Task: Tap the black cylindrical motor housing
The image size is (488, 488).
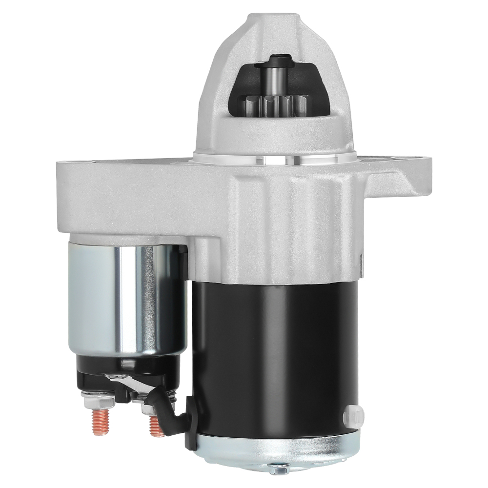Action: point(273,351)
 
